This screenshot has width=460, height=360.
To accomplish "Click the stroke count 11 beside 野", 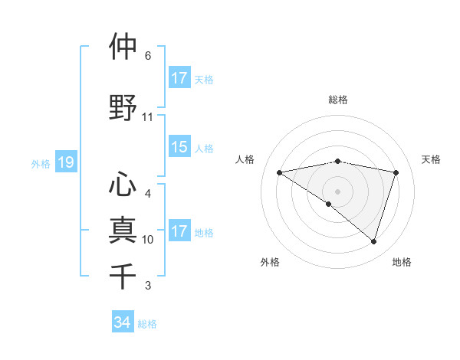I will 148,117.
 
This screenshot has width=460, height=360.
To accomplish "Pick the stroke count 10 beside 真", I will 148,240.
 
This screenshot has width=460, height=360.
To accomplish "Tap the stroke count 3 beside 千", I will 148,286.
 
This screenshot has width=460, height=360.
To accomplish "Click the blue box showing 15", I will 179,148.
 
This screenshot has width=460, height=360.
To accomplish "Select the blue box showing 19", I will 65,162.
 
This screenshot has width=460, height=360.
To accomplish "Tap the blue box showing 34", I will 122,322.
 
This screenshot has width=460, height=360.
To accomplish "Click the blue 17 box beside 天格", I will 179,78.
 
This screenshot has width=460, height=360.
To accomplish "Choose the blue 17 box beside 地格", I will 179,231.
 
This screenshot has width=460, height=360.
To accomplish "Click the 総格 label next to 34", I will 147,324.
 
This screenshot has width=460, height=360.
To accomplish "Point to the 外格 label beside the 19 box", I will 41,163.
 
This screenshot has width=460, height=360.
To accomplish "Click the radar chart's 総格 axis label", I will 337,100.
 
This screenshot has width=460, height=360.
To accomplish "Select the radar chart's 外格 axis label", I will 270,262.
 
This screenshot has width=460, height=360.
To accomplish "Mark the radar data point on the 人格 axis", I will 279,172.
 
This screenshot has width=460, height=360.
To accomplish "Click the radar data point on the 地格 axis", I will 373,241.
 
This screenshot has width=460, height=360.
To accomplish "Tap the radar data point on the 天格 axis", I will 396,172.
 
